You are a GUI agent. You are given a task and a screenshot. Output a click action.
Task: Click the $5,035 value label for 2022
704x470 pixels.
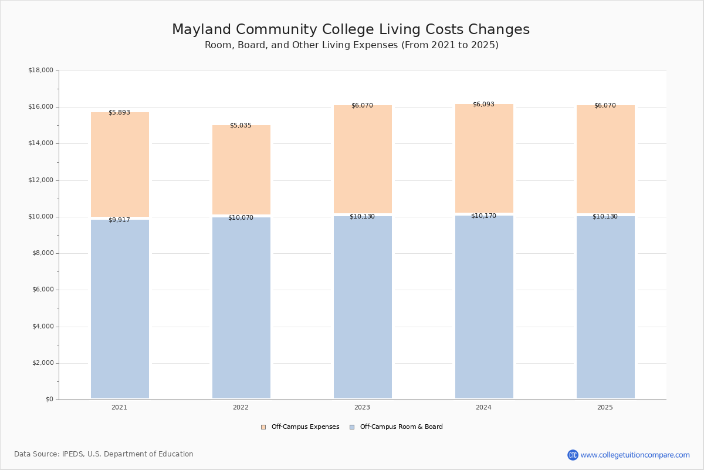(241, 125)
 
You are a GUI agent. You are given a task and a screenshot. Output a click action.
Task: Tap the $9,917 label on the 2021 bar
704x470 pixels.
(120, 220)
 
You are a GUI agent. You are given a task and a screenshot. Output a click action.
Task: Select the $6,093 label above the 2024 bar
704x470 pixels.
(483, 104)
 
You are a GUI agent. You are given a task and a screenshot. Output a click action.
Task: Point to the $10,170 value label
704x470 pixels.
(483, 216)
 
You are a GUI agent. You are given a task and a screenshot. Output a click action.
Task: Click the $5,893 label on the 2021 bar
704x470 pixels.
(120, 112)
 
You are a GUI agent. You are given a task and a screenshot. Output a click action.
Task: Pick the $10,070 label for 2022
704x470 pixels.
(241, 217)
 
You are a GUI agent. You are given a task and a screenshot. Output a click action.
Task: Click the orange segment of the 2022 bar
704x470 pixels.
(241, 170)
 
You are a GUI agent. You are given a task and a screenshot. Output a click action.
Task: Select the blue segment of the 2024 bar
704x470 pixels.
(485, 307)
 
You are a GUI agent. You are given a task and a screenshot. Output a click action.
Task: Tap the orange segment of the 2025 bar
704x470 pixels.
(605, 159)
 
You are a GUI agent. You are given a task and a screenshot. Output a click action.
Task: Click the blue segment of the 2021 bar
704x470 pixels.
(120, 309)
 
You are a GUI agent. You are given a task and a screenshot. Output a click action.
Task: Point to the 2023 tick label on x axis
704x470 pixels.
(362, 407)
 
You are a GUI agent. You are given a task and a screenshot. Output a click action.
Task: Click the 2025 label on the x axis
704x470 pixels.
(605, 407)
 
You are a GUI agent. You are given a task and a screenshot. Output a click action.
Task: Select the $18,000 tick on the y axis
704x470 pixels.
(41, 70)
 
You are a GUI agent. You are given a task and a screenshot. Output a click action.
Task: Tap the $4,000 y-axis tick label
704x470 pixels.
(43, 327)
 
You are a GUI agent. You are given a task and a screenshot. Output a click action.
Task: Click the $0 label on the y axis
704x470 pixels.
(50, 399)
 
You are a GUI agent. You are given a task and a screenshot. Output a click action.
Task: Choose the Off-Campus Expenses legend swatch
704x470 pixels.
(263, 427)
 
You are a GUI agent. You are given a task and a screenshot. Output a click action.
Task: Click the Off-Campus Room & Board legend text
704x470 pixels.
(401, 427)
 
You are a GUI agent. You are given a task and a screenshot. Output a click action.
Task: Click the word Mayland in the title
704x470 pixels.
(201, 29)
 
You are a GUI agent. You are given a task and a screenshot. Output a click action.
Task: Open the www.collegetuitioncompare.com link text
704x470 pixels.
(635, 455)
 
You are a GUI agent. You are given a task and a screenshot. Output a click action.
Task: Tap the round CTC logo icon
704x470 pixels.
(573, 455)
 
